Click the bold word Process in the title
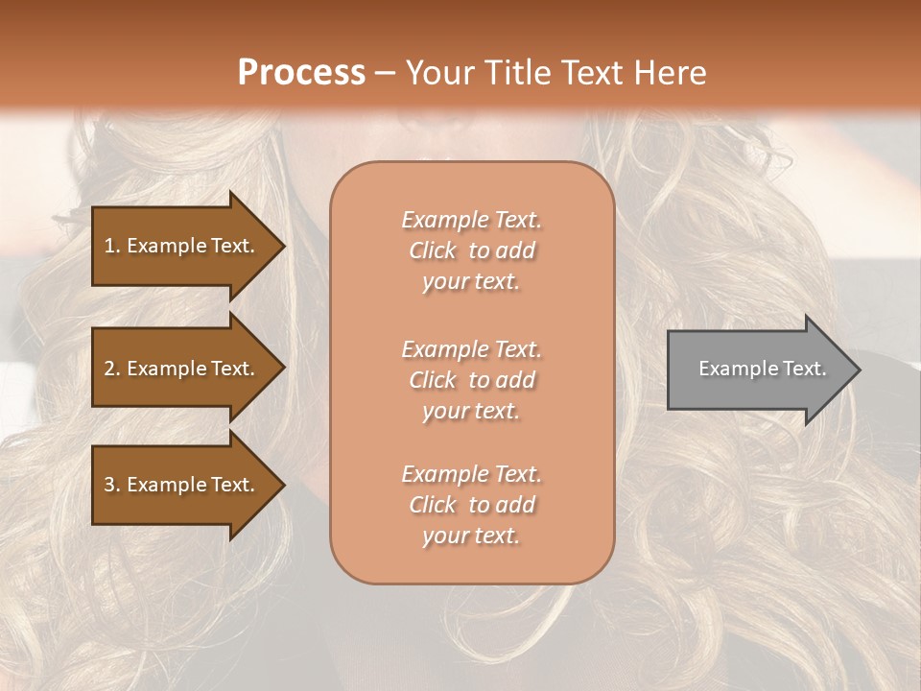pos(301,72)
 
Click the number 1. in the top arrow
pos(112,246)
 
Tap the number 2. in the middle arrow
pos(112,369)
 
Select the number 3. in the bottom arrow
pos(112,485)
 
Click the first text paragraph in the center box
pos(471,250)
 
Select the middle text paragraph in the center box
pos(471,380)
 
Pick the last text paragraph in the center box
pos(471,505)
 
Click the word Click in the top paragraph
pos(433,250)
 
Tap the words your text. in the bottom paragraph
pos(471,536)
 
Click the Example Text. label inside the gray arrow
pos(762,369)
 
